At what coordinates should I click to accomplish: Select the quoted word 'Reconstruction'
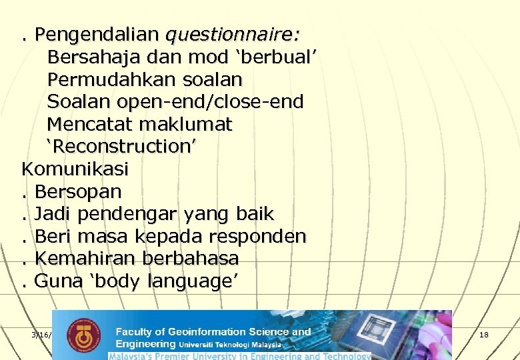pos(121,147)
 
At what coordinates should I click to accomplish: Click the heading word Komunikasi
pos(75,169)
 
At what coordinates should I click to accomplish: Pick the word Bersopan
pos(78,192)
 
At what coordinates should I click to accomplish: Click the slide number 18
pos(483,335)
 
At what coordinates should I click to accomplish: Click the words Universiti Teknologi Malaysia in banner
pos(230,345)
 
